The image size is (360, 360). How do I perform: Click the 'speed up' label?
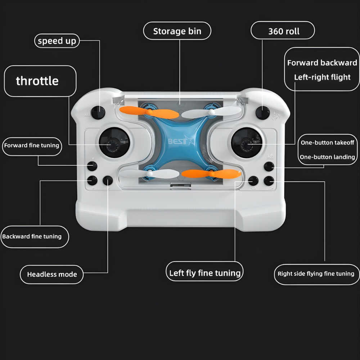(x=57, y=41)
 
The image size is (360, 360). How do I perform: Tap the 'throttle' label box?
(x=40, y=81)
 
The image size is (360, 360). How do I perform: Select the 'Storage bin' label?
(x=177, y=31)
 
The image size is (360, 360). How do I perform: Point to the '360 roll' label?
(x=283, y=31)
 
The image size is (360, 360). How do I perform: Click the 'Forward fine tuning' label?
(x=31, y=145)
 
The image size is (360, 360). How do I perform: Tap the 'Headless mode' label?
(x=52, y=274)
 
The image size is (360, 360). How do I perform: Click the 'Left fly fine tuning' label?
(x=204, y=273)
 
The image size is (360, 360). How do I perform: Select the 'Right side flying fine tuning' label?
(x=316, y=274)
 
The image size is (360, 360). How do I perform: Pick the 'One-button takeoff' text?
(x=327, y=143)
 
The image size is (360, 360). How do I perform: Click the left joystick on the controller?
(x=114, y=144)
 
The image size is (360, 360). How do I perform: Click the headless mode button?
(x=108, y=180)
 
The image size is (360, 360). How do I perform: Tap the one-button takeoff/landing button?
(x=269, y=166)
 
